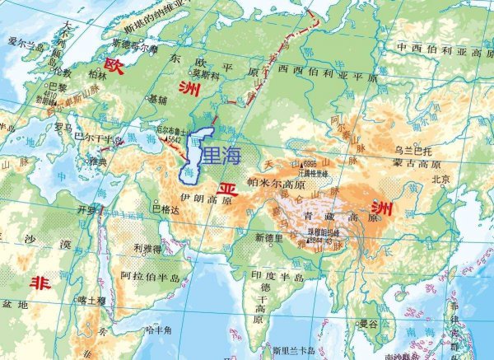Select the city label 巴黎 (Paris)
[x=58, y=86]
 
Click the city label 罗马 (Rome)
[x=63, y=128]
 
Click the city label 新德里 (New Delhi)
[x=268, y=238]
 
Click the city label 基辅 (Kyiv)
[x=156, y=98]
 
